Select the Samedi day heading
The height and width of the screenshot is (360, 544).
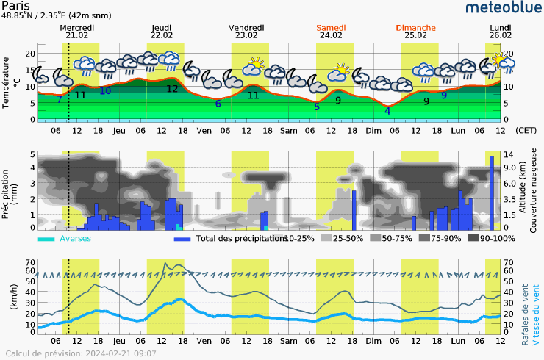pyautogui.click(x=332, y=27)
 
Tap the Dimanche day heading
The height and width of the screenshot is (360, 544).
pyautogui.click(x=415, y=27)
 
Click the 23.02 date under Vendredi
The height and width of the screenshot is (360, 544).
pyautogui.click(x=247, y=35)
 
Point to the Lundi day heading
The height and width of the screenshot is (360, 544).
pyautogui.click(x=501, y=27)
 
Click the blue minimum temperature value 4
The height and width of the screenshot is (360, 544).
pyautogui.click(x=387, y=111)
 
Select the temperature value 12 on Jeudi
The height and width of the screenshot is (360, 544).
pyautogui.click(x=172, y=89)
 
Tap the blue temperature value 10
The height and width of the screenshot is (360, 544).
pyautogui.click(x=105, y=91)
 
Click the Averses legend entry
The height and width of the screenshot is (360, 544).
pyautogui.click(x=74, y=239)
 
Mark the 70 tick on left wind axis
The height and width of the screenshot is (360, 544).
pyautogui.click(x=32, y=262)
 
